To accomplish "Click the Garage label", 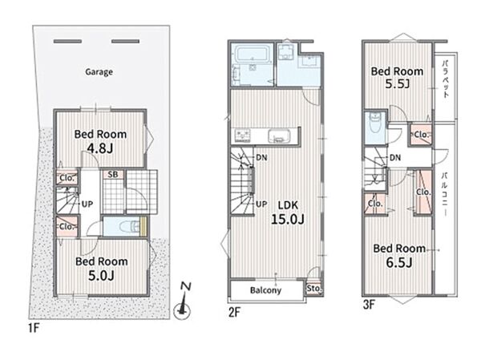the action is [99, 72].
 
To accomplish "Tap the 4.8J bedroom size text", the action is [100, 148].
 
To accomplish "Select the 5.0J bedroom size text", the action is [101, 275].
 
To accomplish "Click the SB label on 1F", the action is [113, 174].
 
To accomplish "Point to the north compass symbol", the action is [183, 301].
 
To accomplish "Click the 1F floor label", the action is [34, 328].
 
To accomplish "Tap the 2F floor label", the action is [234, 312].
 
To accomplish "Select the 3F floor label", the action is [369, 305].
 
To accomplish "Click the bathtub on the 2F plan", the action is [252, 53].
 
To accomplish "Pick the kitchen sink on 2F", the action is [279, 136].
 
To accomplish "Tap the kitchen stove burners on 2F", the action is [243, 136].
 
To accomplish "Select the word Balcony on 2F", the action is [265, 290].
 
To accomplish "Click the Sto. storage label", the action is [313, 289].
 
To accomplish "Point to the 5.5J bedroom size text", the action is [398, 83].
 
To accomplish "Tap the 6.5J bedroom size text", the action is [398, 262].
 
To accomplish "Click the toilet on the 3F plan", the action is [375, 123].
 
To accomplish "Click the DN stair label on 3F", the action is [395, 158].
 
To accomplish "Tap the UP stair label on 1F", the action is [87, 204].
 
